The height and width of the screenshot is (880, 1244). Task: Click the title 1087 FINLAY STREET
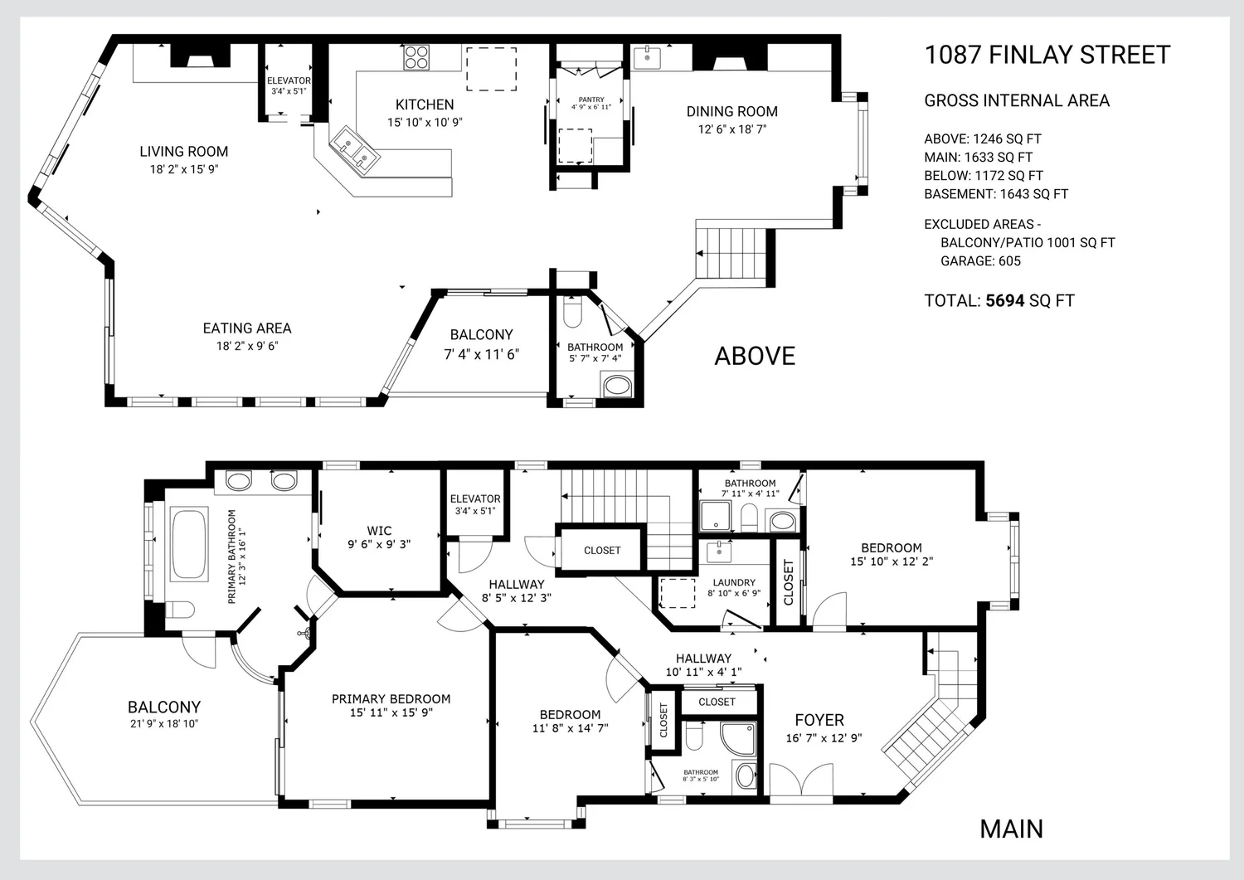pos(1047,55)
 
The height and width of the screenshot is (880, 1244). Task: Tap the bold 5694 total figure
pos(1004,300)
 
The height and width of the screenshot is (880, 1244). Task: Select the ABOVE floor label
pos(755,356)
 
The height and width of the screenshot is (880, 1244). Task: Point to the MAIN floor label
pos(1011,829)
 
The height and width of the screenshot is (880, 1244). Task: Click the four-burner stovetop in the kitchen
pos(416,57)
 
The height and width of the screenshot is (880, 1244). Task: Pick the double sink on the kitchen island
pos(354,150)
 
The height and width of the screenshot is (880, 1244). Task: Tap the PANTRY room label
pos(590,100)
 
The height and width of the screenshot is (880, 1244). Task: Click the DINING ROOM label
pos(732,112)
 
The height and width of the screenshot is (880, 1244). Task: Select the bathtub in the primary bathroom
pos(189,544)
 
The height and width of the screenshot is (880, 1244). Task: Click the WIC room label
pos(379,531)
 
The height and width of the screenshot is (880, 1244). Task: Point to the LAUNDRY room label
pos(734,582)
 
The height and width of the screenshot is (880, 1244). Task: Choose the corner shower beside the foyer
pos(739,739)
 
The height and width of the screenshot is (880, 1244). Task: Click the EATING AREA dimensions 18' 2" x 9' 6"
pos(247,346)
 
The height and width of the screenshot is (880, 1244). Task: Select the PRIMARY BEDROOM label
pos(391,699)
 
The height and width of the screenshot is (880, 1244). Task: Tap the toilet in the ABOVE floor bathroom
pos(572,312)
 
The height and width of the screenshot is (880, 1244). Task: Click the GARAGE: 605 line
pos(980,261)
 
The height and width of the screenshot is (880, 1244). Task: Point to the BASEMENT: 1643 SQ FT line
pos(996,194)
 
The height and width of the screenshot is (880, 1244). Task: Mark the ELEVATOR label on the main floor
pos(475,499)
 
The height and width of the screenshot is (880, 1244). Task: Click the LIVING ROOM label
pos(184,152)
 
